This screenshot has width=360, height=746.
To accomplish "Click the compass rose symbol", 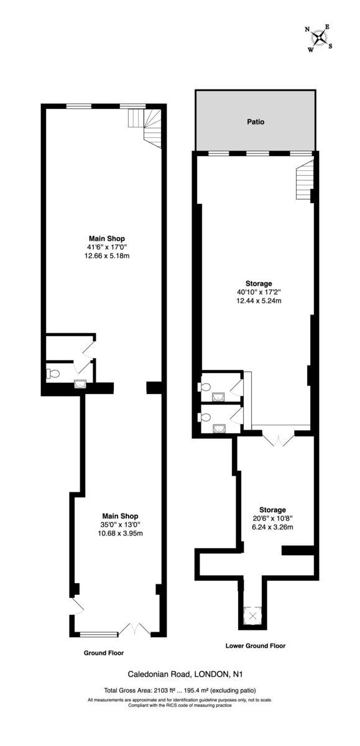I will [319, 39].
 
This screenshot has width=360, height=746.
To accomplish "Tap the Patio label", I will [256, 122].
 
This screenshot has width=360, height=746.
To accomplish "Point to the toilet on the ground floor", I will [53, 374].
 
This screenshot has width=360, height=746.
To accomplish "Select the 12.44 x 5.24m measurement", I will [258, 301].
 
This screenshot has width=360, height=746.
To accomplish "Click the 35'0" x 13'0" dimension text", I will [120, 524].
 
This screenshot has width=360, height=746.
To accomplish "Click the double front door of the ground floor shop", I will [134, 629].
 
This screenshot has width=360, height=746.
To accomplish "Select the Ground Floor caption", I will [104, 653].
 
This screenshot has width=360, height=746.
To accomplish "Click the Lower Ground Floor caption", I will [255, 646].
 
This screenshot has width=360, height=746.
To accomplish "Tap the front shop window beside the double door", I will [98, 634].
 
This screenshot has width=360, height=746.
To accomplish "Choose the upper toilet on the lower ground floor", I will [205, 386].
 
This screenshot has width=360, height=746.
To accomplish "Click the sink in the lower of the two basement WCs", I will [218, 428].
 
